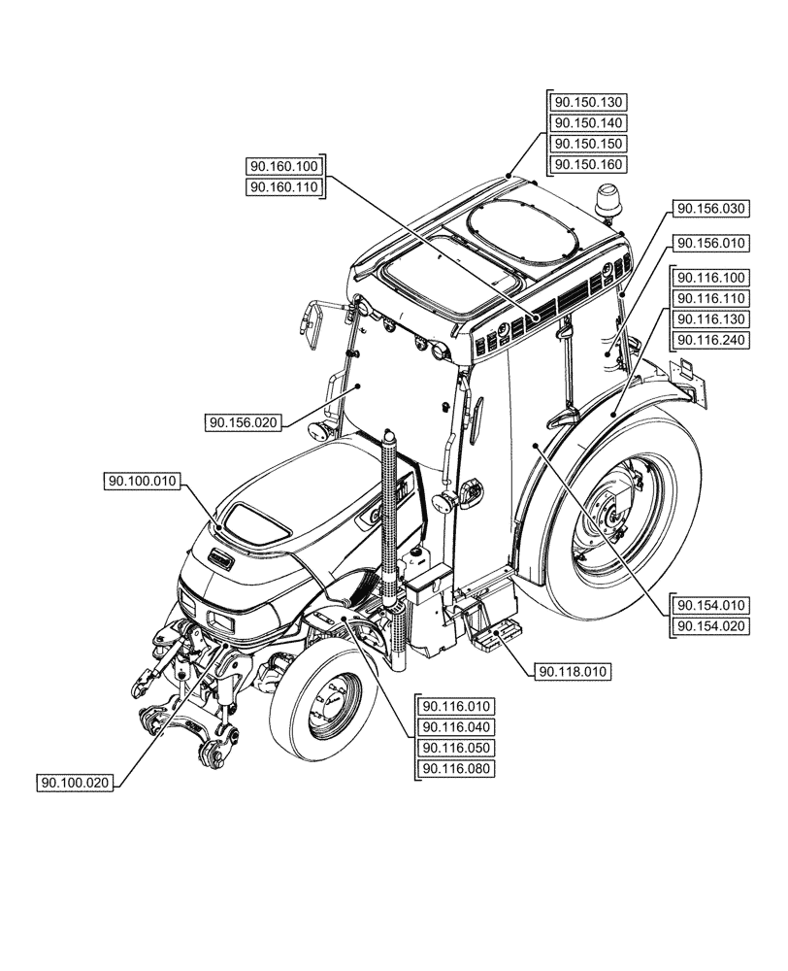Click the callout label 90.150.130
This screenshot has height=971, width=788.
click(x=588, y=102)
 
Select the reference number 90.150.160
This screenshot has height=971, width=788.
click(x=588, y=164)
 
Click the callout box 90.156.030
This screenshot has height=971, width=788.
click(x=711, y=208)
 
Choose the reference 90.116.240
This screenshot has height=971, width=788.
click(x=711, y=339)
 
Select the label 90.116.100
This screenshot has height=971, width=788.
click(x=711, y=278)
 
